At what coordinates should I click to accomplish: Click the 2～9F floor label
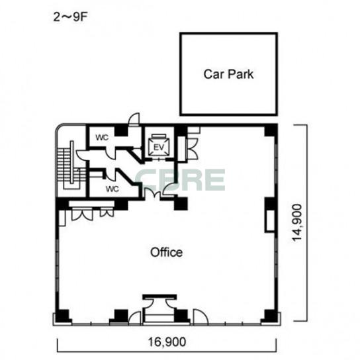pyautogui.click(x=71, y=17)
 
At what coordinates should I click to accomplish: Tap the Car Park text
pyautogui.click(x=228, y=74)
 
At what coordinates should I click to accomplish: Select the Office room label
pyautogui.click(x=167, y=252)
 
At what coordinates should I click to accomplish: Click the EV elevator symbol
pyautogui.click(x=159, y=146)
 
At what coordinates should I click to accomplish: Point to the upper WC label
pyautogui.click(x=102, y=138)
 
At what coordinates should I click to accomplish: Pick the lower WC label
pyautogui.click(x=112, y=189)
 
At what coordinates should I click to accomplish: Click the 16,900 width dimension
pyautogui.click(x=167, y=342)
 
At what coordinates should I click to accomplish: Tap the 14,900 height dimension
pyautogui.click(x=297, y=222)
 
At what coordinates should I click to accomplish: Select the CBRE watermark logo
pyautogui.click(x=180, y=180)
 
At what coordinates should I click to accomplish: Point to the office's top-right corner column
pyautogui.click(x=271, y=130)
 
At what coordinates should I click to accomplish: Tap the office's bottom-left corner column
pyautogui.click(x=62, y=316)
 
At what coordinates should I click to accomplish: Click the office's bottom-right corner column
pyautogui.click(x=271, y=316)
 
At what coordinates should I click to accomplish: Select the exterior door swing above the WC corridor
pyautogui.click(x=134, y=119)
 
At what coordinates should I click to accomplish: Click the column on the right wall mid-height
pyautogui.click(x=271, y=204)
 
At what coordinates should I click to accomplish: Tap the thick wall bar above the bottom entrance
pyautogui.click(x=159, y=297)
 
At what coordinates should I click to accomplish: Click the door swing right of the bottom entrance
pyautogui.click(x=201, y=317)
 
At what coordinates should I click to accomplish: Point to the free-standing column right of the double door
pyautogui.click(x=181, y=204)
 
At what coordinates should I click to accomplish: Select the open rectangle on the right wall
pyautogui.click(x=270, y=221)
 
